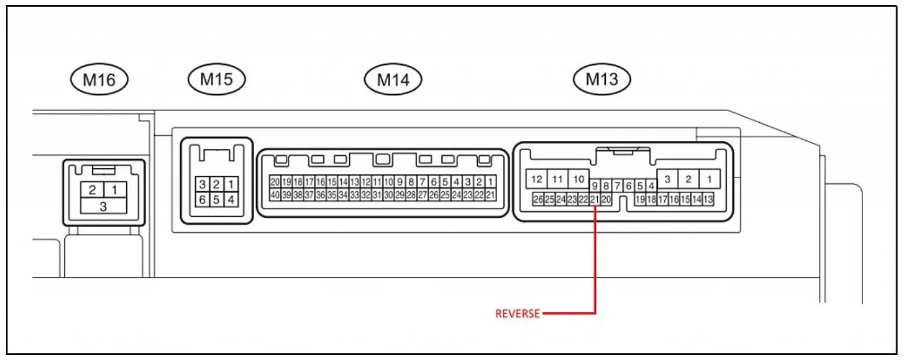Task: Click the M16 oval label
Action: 99,80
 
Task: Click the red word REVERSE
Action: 517,314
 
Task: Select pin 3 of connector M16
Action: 103,206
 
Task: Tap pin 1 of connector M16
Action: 114,190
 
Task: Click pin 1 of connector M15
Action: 229,185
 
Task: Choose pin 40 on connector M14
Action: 275,194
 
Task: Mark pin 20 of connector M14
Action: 275,182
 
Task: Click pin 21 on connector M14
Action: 490,194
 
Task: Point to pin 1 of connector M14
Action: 490,182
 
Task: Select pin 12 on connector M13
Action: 537,179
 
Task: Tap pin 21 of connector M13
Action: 594,199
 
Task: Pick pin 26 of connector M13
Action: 537,199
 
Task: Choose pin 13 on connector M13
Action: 708,199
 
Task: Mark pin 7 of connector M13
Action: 617,186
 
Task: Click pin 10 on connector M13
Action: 578,179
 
